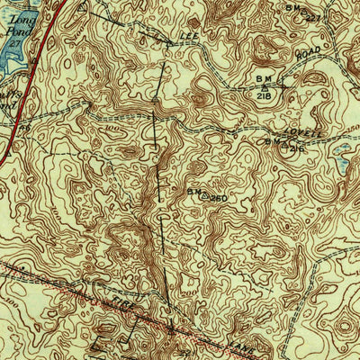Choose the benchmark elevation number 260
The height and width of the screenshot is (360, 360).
pyautogui.click(x=217, y=196)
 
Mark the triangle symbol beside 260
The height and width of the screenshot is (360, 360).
pyautogui.click(x=204, y=194)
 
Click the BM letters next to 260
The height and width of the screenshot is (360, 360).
pyautogui.click(x=193, y=191)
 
